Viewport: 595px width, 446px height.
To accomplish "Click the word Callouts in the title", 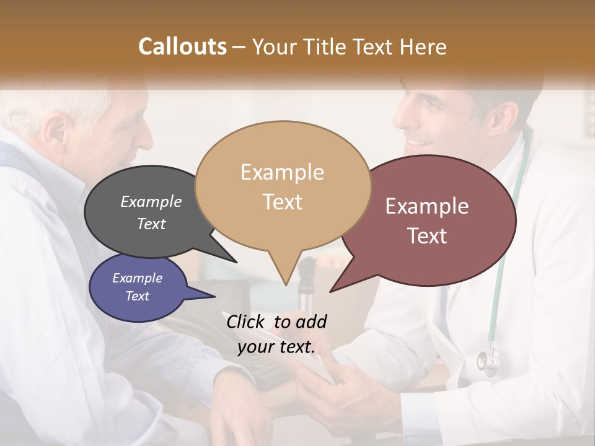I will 182,46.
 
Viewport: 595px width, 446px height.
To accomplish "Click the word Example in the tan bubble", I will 282,172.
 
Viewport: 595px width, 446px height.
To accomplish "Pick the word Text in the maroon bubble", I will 427,235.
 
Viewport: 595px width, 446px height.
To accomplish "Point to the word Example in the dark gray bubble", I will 151,201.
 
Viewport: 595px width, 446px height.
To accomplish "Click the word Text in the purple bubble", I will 137,296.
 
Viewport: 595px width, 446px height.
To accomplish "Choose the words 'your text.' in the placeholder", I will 276,347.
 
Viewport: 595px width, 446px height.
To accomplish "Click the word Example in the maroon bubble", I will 427,206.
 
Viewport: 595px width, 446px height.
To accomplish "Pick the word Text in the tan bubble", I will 282,202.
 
